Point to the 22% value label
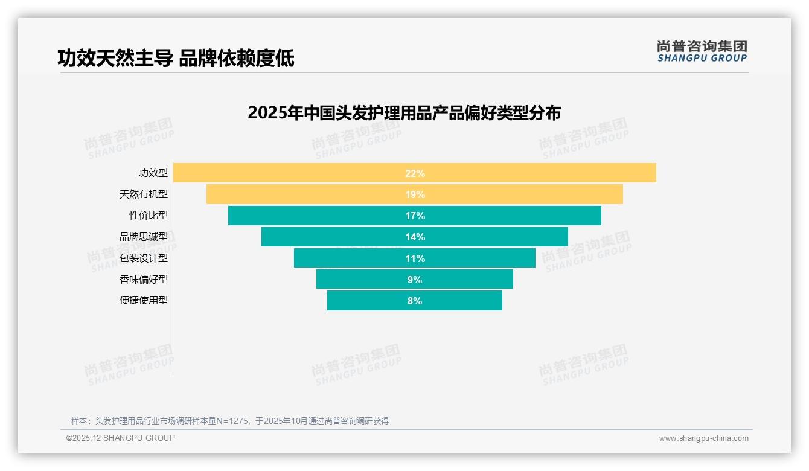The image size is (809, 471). click(415, 173)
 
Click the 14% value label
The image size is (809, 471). click(415, 237)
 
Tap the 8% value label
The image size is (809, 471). click(415, 301)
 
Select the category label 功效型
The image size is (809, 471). click(153, 173)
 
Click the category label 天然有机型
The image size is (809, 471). click(144, 194)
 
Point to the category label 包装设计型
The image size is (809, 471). click(144, 258)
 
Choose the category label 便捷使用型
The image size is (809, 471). click(144, 300)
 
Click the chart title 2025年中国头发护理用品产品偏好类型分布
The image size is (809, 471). click(404, 113)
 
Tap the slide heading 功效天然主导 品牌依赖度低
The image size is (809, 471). click(176, 59)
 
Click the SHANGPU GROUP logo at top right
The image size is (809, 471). click(702, 51)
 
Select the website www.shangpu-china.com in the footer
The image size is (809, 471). click(703, 438)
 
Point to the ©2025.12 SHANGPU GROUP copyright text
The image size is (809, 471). click(121, 438)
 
